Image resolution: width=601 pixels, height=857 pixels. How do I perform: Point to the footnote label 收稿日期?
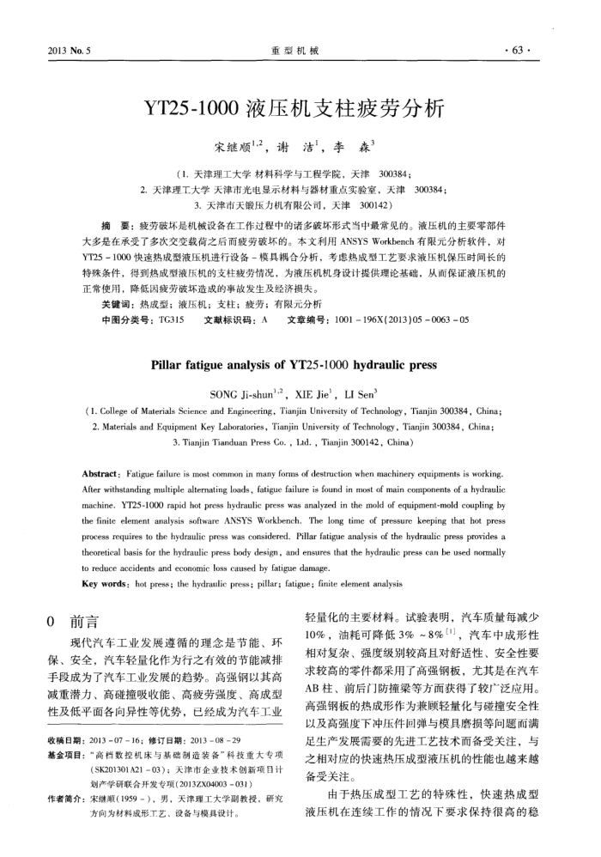click(x=65, y=761)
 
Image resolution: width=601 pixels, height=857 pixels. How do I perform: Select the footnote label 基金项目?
click(x=65, y=775)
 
